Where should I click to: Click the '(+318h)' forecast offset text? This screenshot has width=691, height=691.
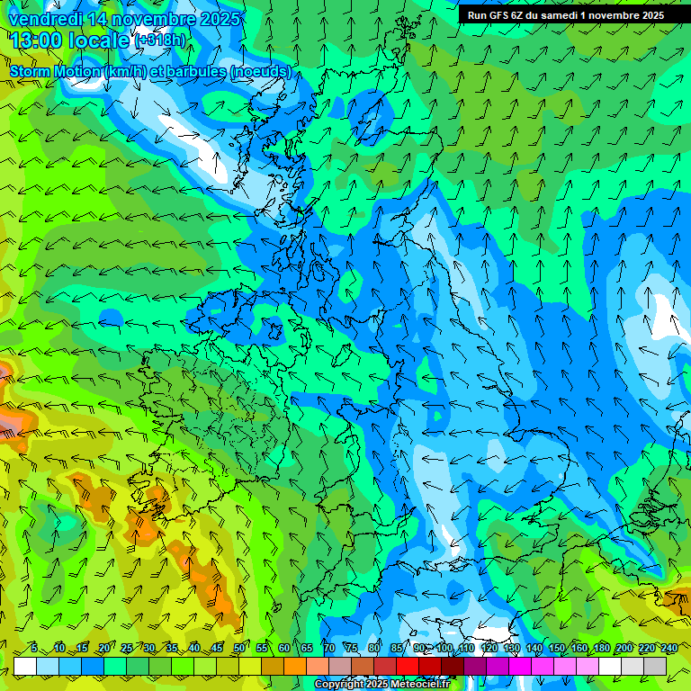[160, 40]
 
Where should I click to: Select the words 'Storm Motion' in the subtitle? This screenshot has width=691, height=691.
[54, 71]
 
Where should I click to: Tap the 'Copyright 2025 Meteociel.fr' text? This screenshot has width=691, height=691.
[381, 685]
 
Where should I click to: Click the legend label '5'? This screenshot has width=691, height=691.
[34, 648]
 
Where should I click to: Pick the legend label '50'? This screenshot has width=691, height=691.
[239, 648]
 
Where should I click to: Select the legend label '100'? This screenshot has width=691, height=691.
[444, 648]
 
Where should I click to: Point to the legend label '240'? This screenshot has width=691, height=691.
[669, 648]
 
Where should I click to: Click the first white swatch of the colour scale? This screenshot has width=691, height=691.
[24, 666]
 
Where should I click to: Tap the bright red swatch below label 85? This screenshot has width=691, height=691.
[408, 666]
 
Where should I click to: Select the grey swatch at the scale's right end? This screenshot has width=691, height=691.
[655, 666]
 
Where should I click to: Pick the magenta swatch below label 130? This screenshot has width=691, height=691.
[520, 666]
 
